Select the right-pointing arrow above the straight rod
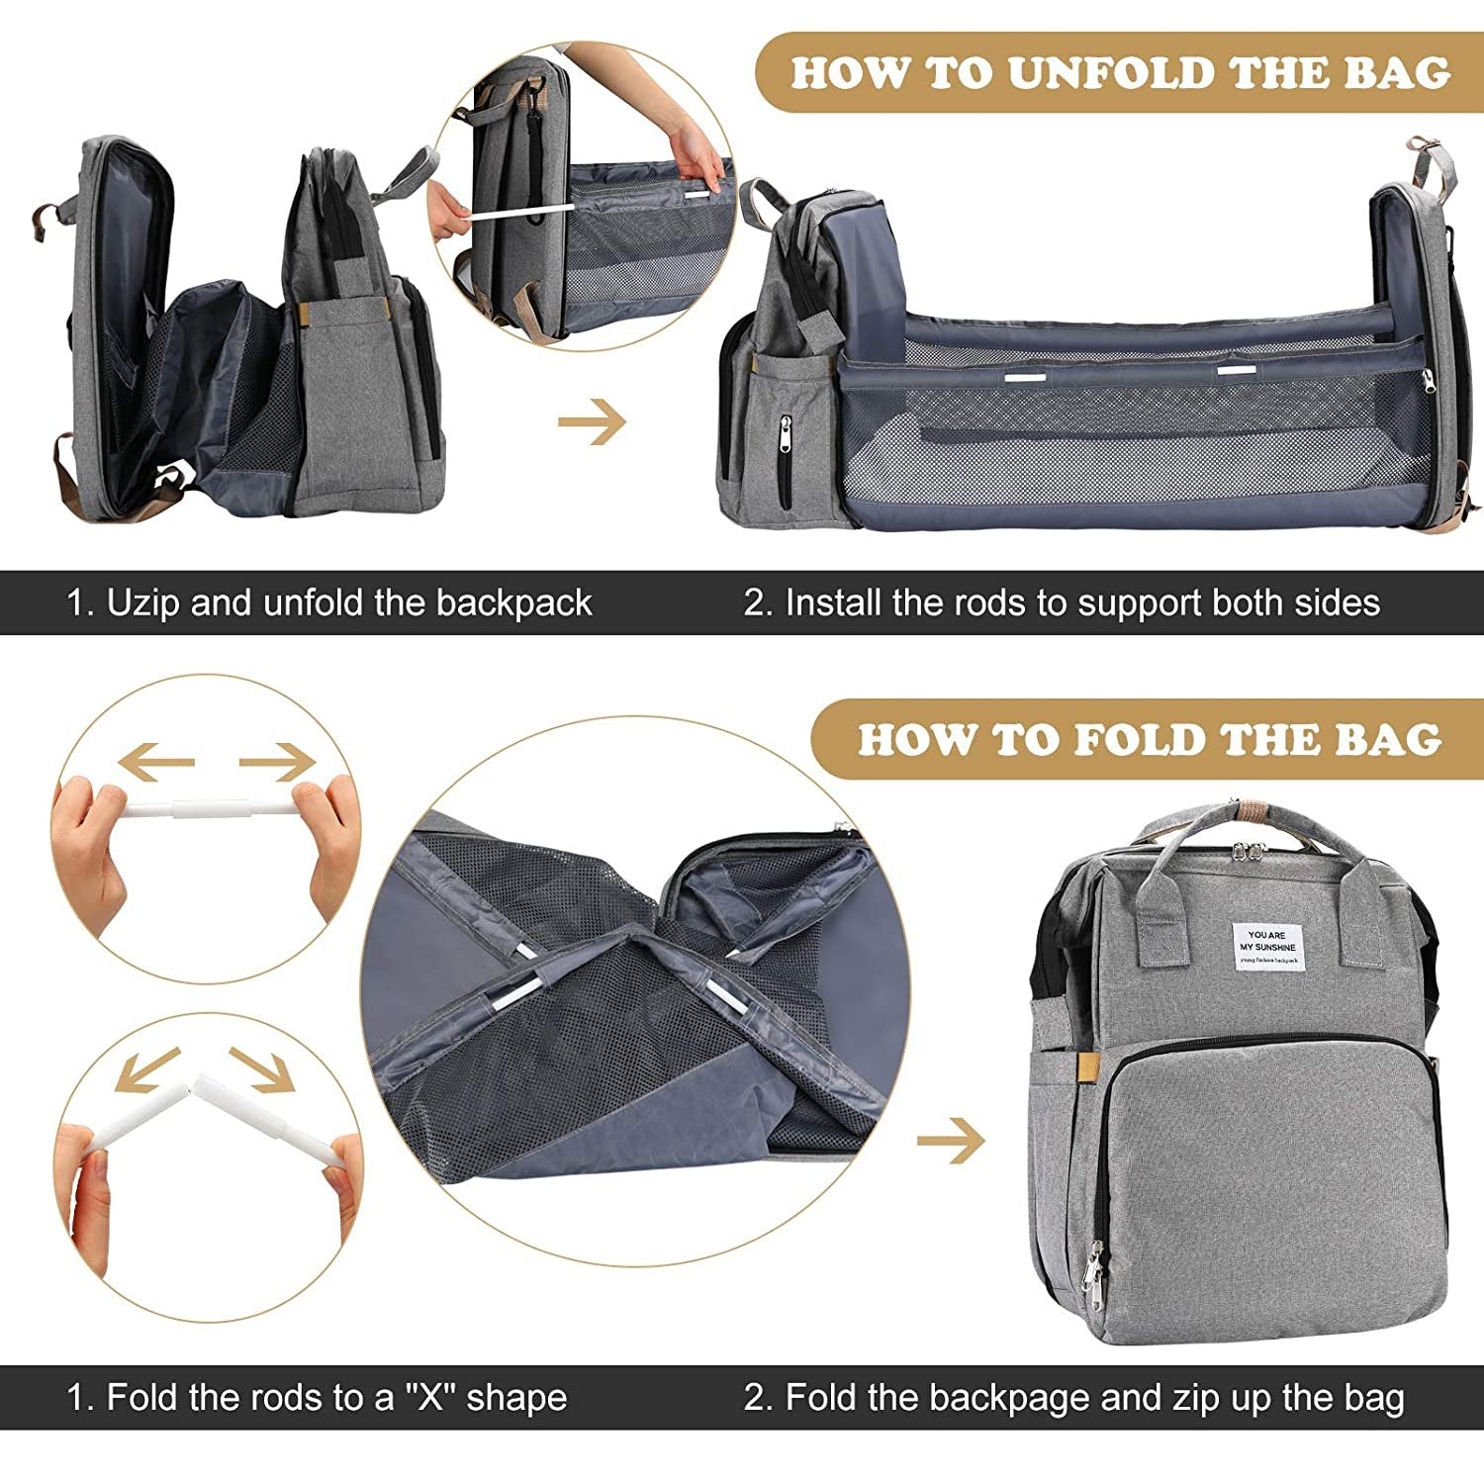(276, 762)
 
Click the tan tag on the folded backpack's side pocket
(1085, 1067)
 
